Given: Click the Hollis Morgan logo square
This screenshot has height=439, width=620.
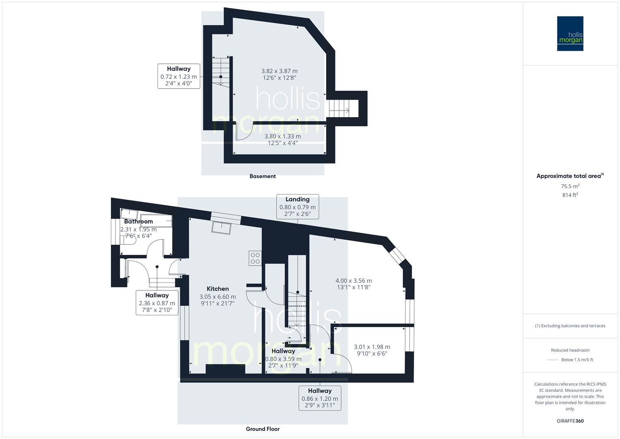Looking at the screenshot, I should coord(570,33).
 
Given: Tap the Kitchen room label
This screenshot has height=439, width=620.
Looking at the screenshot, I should coord(218,289).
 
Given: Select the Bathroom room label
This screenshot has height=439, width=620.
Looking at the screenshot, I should coord(138,222).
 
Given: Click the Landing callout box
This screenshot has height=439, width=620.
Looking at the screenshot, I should coord(297,206).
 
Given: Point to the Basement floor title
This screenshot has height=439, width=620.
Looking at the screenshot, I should coord(262,176).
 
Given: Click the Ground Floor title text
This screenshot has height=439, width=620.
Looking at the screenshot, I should coord(262,429).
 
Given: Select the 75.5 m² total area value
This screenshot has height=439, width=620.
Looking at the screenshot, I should coord(570,186).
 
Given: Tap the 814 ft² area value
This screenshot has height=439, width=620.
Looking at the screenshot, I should coord(570,195).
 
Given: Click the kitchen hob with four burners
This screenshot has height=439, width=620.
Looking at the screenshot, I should coord(255,258).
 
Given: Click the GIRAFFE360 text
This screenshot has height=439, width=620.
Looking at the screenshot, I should coord(570,421).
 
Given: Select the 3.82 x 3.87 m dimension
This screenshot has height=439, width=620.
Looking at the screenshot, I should coord(279,71).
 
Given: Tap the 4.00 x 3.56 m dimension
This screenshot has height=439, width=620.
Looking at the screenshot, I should coord(353,280).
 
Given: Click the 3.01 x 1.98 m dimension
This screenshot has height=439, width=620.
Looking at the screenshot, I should coord(372,347).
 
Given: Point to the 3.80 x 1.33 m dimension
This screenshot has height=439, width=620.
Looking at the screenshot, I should coord(283,137).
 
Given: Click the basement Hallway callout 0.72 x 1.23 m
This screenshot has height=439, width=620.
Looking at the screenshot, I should coord(179,76).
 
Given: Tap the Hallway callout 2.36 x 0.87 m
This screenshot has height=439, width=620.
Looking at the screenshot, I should coord(157,302).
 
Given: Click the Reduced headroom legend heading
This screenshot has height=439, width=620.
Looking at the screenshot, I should coord(570,350).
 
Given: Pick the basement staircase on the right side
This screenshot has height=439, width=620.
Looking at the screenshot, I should coord(339,108).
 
